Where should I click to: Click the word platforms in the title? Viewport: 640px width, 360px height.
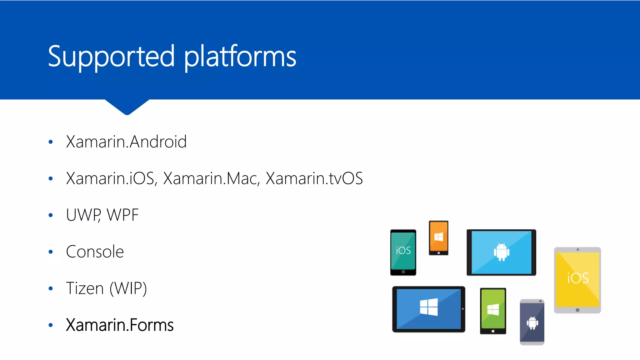point(240,57)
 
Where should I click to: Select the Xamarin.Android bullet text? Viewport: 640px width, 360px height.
point(126,142)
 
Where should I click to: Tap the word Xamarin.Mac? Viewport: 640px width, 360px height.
point(211,178)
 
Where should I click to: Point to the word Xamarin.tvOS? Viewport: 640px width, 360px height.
point(314,178)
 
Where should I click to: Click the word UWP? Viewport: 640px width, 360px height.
point(83,215)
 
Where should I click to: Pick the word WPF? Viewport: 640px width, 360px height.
point(122,215)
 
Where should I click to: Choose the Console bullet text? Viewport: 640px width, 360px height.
point(95,252)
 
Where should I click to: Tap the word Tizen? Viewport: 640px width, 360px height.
point(85,288)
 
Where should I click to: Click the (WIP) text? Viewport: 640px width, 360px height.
point(128,288)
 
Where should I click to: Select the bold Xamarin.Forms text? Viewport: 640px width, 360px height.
point(120,325)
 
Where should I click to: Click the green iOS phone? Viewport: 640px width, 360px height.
point(403,252)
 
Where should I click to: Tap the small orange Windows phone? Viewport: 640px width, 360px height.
point(438,238)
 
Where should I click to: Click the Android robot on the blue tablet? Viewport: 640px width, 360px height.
point(502,252)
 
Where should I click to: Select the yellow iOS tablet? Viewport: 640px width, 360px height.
point(577,280)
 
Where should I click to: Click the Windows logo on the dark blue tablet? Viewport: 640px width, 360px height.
point(429,307)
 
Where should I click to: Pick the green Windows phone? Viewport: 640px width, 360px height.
point(493,311)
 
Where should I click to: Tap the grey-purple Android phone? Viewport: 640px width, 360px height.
point(532,322)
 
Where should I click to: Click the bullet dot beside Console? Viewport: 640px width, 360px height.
point(51,252)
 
